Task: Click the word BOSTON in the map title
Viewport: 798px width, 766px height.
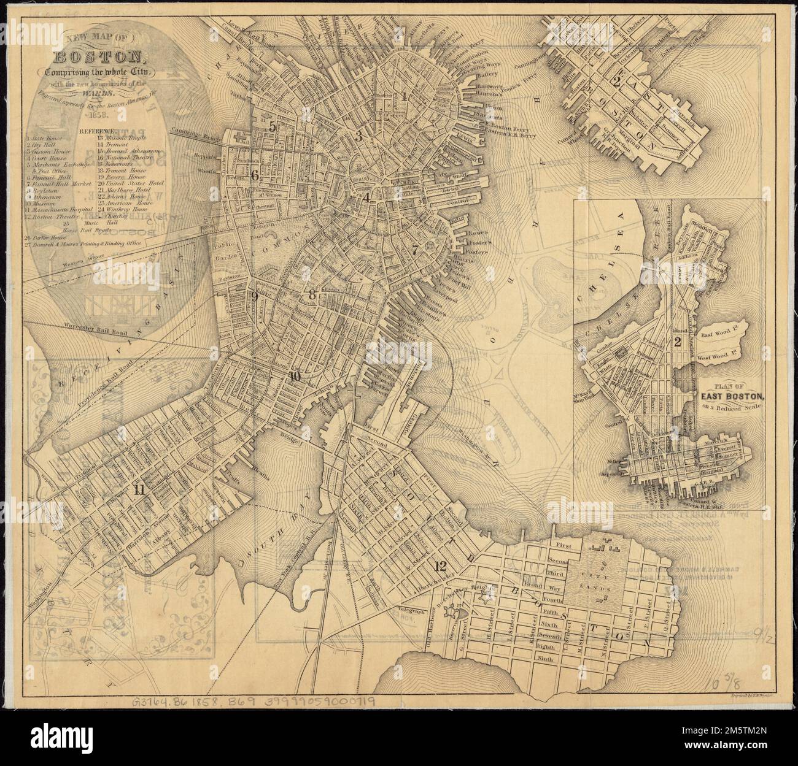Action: click(x=99, y=59)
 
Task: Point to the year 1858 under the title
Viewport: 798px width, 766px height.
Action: click(x=99, y=114)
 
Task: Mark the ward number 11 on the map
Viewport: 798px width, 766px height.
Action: click(x=139, y=489)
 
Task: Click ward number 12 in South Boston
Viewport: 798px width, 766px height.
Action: click(x=439, y=565)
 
